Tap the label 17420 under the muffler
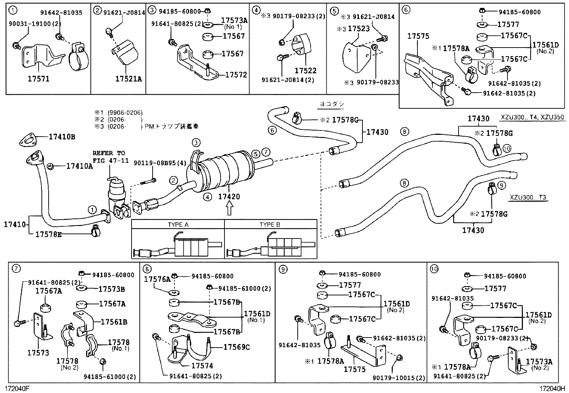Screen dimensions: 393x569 point(229,197)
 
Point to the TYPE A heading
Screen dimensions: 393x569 point(178,225)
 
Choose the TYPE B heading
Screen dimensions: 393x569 point(270,225)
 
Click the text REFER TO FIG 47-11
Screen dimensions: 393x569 point(110,157)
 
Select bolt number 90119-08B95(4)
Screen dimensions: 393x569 point(160,163)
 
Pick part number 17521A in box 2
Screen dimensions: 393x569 point(128,79)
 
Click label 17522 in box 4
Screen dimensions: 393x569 point(305,71)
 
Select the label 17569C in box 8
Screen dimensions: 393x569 point(237,347)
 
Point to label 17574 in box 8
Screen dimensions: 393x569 point(202,365)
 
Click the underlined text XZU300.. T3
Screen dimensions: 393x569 point(528,197)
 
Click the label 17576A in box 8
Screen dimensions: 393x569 point(157,279)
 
